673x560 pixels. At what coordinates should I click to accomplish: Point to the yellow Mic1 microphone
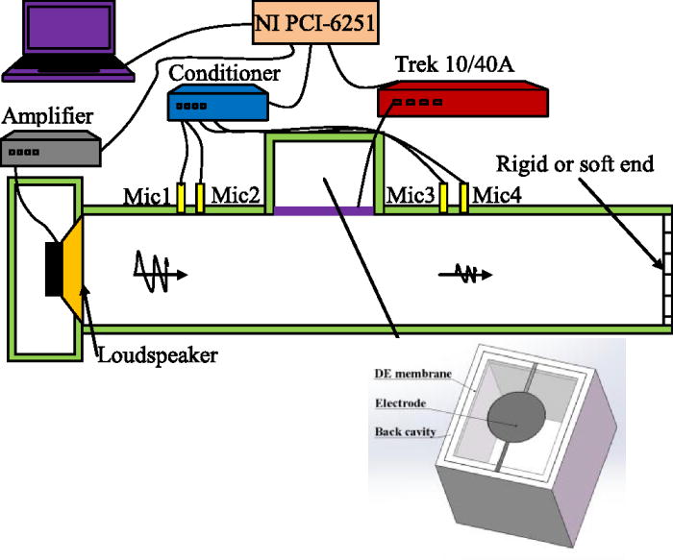point(181,197)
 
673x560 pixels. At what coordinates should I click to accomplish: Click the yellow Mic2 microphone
point(200,197)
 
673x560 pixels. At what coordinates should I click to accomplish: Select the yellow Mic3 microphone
point(445,197)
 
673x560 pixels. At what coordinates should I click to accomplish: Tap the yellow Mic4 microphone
point(464,197)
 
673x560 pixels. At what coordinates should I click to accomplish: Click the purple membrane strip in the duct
point(325,208)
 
